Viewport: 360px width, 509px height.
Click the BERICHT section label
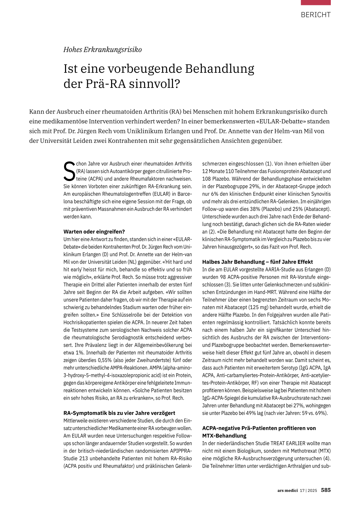(315, 15)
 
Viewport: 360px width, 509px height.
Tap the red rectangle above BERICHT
(315, 2)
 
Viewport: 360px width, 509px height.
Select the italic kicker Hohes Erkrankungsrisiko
(102, 50)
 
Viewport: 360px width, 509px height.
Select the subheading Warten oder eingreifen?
(94, 232)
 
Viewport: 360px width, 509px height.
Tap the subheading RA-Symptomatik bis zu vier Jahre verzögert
(119, 413)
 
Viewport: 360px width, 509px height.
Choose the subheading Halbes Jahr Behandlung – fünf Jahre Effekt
(257, 262)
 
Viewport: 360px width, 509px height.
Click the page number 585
(326, 490)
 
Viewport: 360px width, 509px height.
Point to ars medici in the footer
(288, 490)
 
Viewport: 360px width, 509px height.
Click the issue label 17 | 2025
(308, 490)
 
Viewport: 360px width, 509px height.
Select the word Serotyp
(287, 368)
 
